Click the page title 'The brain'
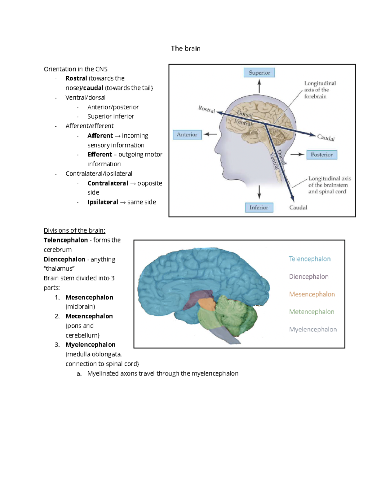[185, 49]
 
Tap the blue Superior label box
[259, 72]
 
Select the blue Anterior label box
[187, 135]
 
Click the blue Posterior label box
[322, 155]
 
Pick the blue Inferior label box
[259, 208]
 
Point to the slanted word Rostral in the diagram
[206, 109]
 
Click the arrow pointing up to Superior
[259, 86]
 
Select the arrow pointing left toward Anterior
[210, 134]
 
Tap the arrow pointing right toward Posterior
[297, 155]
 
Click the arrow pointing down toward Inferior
[259, 192]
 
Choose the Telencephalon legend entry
[309, 259]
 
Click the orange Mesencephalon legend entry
[312, 294]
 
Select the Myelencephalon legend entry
[313, 329]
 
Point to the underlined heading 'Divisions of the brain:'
[74, 230]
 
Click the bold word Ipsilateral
[103, 202]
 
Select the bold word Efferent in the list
[100, 154]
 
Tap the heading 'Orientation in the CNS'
[76, 69]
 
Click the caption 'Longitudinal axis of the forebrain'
[320, 90]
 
